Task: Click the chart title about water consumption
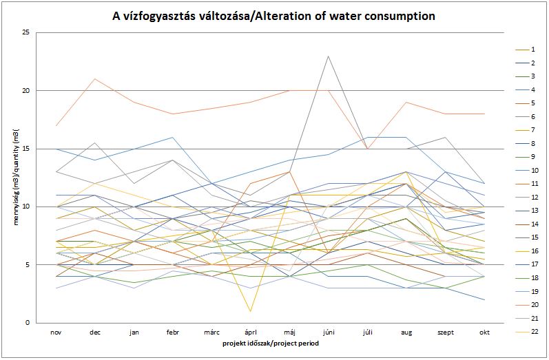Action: click(274, 15)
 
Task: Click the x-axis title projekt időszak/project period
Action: click(270, 343)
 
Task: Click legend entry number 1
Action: click(534, 50)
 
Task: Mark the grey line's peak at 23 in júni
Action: click(329, 56)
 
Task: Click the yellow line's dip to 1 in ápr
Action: click(251, 311)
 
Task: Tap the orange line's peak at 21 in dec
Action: click(95, 79)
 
